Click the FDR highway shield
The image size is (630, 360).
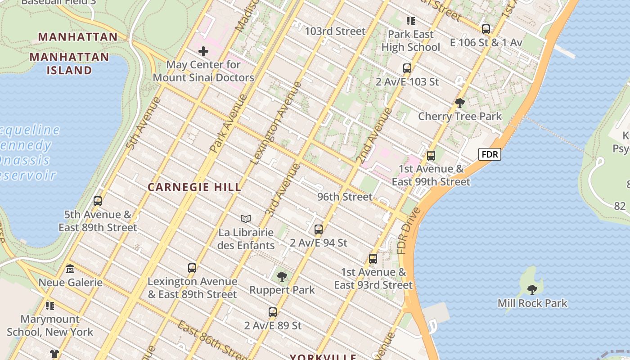tap(490, 155)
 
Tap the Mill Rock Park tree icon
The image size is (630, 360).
tap(532, 289)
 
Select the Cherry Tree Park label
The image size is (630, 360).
tap(460, 117)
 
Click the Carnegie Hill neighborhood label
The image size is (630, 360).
tap(194, 187)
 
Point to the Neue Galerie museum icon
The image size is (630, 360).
tap(70, 269)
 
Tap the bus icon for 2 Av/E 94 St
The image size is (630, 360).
tap(319, 229)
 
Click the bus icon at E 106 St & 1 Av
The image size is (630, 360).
tap(486, 29)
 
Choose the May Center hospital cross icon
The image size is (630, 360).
tap(203, 51)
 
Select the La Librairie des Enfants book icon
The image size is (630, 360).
tap(246, 219)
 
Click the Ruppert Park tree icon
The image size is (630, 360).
tap(282, 276)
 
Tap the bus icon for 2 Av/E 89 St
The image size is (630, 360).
tap(273, 312)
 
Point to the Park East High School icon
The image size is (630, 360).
tap(410, 21)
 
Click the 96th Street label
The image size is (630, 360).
tap(345, 197)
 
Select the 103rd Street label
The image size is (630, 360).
tap(335, 31)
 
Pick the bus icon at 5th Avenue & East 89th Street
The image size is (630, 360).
tap(98, 201)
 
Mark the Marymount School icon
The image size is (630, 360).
tap(50, 306)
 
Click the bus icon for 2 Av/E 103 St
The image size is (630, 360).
tap(407, 68)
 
